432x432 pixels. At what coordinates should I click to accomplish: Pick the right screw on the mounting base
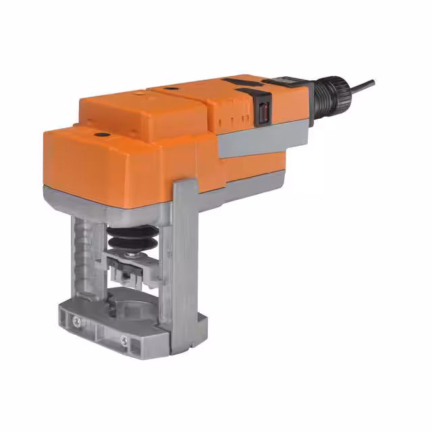[x=125, y=339]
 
